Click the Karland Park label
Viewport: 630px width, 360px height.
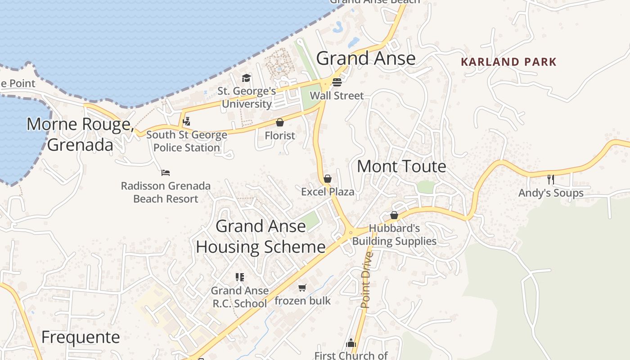[x=508, y=62]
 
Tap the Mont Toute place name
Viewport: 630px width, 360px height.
[x=401, y=166]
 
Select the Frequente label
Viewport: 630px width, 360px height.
[x=81, y=337]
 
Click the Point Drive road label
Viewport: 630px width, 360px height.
[x=367, y=280]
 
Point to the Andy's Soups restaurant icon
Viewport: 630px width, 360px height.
[x=550, y=179]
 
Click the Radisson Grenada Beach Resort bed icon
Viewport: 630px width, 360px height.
[x=166, y=172]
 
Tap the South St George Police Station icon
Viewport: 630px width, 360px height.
[x=186, y=121]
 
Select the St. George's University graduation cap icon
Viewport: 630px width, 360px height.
[x=246, y=78]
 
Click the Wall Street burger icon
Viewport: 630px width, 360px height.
[x=337, y=82]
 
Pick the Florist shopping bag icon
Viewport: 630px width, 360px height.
[x=280, y=122]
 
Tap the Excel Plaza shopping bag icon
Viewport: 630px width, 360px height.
[x=328, y=179]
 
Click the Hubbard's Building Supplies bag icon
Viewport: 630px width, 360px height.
[x=394, y=215]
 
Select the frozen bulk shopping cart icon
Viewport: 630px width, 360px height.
[x=302, y=288]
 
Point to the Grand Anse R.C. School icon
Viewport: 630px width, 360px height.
[x=240, y=277]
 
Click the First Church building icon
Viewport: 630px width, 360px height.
[x=351, y=343]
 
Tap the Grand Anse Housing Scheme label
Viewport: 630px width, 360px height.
[x=261, y=236]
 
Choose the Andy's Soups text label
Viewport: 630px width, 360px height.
[x=551, y=193]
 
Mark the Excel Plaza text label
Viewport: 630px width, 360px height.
[x=328, y=192]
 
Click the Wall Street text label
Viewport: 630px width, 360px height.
[x=337, y=95]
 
